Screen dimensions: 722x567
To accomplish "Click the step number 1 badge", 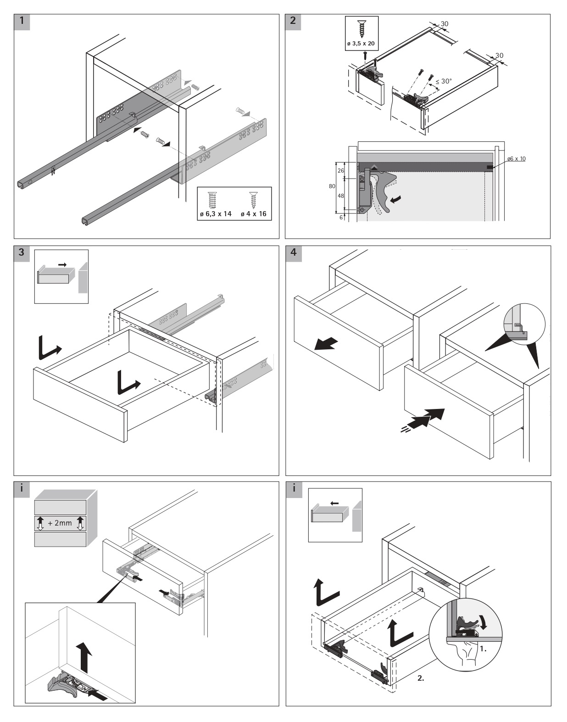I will [22, 22].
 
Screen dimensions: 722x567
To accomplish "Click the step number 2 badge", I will [294, 22].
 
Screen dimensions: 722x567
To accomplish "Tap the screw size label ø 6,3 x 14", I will [215, 214].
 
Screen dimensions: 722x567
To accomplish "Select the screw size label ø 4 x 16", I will [253, 214].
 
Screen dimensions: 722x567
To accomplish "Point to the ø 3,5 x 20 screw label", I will [361, 44].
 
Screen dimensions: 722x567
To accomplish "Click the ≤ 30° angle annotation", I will [444, 81].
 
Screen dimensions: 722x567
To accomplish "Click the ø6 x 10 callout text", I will [517, 159].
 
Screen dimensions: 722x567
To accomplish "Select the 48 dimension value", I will [341, 196].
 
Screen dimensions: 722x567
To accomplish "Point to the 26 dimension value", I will [341, 170].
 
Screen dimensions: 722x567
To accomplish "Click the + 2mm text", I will [60, 523].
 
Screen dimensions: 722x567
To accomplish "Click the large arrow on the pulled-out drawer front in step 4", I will [326, 344].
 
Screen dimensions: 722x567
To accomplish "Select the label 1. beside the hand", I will [483, 649].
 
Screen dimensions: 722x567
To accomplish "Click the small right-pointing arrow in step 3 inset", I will [62, 264].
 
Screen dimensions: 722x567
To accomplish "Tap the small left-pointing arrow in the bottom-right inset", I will [335, 504].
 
